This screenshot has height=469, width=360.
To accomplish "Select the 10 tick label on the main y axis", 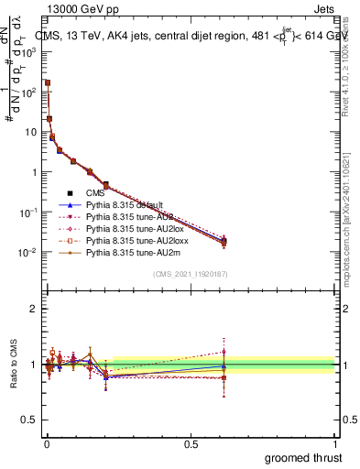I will tap(29, 132).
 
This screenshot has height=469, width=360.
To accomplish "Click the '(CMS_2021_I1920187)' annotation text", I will tap(190, 273).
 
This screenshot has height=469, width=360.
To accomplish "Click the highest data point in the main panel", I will tap(47, 82).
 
